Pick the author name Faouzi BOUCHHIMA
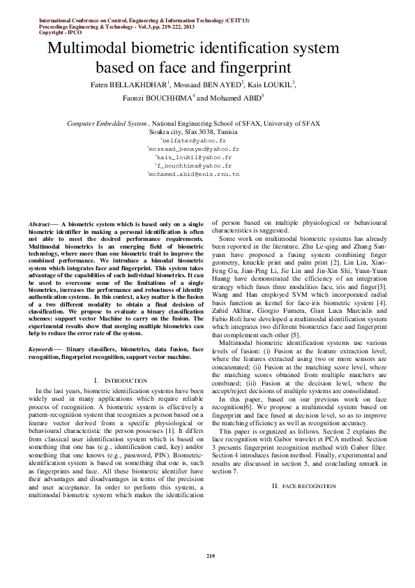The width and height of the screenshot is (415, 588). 158,98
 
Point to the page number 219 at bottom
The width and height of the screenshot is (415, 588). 208,555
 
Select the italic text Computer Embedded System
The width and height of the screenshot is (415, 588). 107,124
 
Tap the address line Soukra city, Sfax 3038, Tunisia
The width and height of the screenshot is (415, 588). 207,131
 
